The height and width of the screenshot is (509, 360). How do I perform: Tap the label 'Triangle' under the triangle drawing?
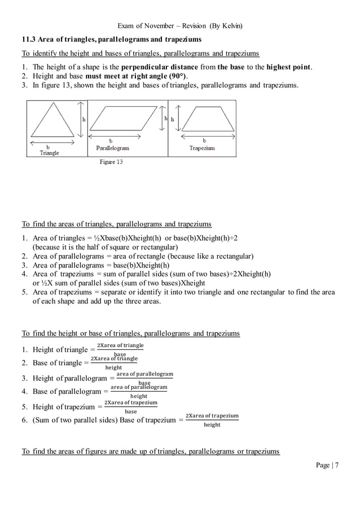pos(49,153)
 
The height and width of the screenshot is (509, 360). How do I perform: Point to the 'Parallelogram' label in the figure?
pos(112,148)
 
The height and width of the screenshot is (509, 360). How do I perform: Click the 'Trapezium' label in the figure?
pos(202,148)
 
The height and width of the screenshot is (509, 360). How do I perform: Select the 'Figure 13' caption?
pos(111,162)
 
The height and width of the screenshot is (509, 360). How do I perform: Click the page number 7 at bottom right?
pos(337,465)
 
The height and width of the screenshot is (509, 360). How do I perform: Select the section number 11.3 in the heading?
pos(29,40)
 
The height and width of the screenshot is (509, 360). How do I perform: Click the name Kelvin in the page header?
pos(232,25)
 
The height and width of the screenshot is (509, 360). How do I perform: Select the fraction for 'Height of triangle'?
pos(120,350)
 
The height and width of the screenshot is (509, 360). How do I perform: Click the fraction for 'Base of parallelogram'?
pos(139,391)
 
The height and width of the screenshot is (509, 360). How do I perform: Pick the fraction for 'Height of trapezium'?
pos(130,407)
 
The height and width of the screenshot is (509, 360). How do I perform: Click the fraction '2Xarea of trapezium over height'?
pos(212,420)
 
